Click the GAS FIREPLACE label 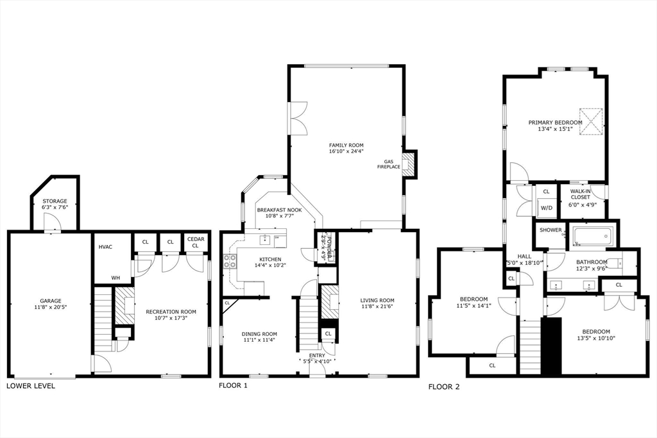click(x=388, y=164)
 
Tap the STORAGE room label click(x=55, y=201)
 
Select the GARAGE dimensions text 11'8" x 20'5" click(x=51, y=307)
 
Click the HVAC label click(x=106, y=247)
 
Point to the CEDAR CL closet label click(x=196, y=242)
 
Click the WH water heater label click(x=115, y=278)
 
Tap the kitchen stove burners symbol click(x=230, y=261)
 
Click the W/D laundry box click(x=546, y=208)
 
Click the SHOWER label click(x=550, y=230)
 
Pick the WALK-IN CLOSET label click(x=580, y=194)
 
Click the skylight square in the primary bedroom click(x=591, y=121)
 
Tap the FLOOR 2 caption click(x=444, y=387)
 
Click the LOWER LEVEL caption click(x=31, y=385)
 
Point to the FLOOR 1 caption click(x=233, y=385)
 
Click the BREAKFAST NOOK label click(x=280, y=210)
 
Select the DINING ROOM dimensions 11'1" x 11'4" click(x=259, y=340)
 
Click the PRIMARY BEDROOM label click(x=555, y=122)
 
